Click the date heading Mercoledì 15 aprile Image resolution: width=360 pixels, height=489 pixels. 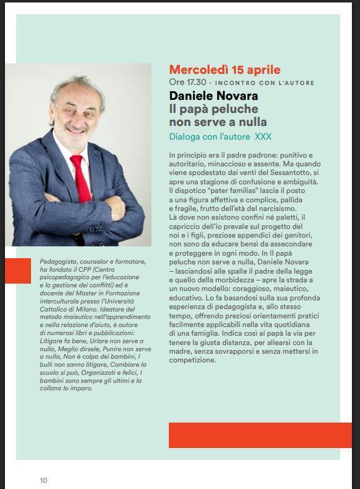click(225, 70)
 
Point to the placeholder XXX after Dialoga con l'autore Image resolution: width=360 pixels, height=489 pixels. click(263, 136)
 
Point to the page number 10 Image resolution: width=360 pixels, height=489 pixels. click(43, 480)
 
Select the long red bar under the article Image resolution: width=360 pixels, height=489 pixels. click(260, 434)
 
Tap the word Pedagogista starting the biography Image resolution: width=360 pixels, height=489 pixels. click(60, 262)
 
